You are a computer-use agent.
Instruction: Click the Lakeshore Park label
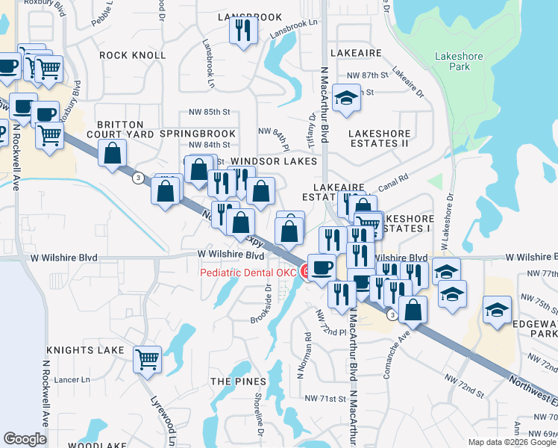tap(459, 61)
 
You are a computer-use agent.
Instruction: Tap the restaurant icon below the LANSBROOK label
tap(243, 31)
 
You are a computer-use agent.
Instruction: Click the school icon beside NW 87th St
tap(345, 99)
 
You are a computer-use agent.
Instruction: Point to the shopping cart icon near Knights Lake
tap(147, 358)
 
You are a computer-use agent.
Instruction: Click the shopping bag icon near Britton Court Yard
tap(112, 154)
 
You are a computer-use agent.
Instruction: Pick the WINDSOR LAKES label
tap(274, 161)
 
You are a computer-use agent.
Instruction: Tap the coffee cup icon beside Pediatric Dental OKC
tap(322, 267)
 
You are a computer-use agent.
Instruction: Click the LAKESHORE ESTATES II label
tap(379, 138)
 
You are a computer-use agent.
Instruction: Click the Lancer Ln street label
tap(71, 380)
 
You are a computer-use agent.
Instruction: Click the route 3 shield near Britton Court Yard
tap(138, 178)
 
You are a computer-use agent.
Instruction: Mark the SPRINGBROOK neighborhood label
tap(198, 134)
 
